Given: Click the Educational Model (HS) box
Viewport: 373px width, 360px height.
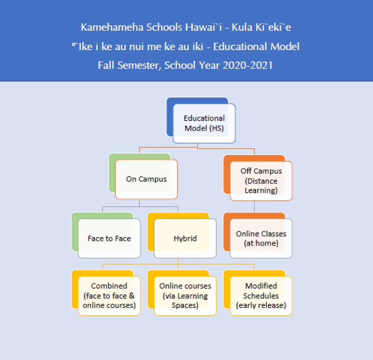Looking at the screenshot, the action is (x=204, y=124).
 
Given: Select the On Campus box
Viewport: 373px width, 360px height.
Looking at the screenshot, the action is (x=146, y=179).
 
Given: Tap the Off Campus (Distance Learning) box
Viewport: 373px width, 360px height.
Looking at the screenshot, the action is (x=261, y=181).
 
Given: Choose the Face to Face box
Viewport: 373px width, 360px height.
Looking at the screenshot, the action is (x=109, y=238).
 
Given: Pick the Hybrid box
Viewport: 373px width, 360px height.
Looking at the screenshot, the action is (x=185, y=238).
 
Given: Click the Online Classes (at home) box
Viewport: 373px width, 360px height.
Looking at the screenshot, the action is (x=261, y=238).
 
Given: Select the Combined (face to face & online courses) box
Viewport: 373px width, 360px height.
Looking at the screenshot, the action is (x=109, y=296).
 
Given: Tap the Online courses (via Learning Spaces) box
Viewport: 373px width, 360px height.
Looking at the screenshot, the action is (x=185, y=296).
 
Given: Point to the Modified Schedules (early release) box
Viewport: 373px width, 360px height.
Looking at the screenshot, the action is (x=261, y=296).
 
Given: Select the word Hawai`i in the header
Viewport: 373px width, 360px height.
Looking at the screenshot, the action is (x=204, y=27).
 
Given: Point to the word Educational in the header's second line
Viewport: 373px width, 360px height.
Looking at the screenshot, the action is (x=240, y=46).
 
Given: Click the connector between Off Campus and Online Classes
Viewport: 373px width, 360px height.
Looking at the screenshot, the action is (x=254, y=206).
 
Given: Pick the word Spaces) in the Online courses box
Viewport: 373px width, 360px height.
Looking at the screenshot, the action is (x=185, y=305).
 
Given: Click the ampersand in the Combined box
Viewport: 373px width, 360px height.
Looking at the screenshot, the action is (x=132, y=296).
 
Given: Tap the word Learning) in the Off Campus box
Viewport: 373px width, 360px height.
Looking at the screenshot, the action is (x=261, y=191).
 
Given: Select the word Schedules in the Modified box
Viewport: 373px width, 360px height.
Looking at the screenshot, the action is (x=261, y=296).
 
